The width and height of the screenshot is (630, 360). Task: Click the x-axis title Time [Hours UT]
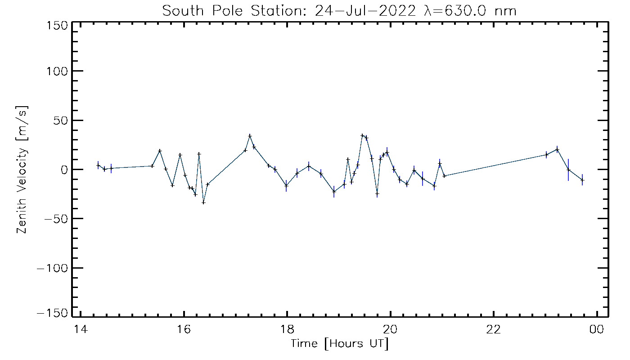point(340,344)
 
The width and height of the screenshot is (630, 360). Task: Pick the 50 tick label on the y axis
point(61,120)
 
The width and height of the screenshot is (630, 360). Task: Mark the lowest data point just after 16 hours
point(203,202)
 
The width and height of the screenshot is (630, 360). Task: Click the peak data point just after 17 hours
point(250,136)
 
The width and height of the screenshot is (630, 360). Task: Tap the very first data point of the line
point(98,165)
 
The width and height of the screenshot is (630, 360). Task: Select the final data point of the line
point(582,180)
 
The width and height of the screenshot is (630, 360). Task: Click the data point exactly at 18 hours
point(286,185)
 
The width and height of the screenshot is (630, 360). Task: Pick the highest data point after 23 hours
point(557,150)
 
